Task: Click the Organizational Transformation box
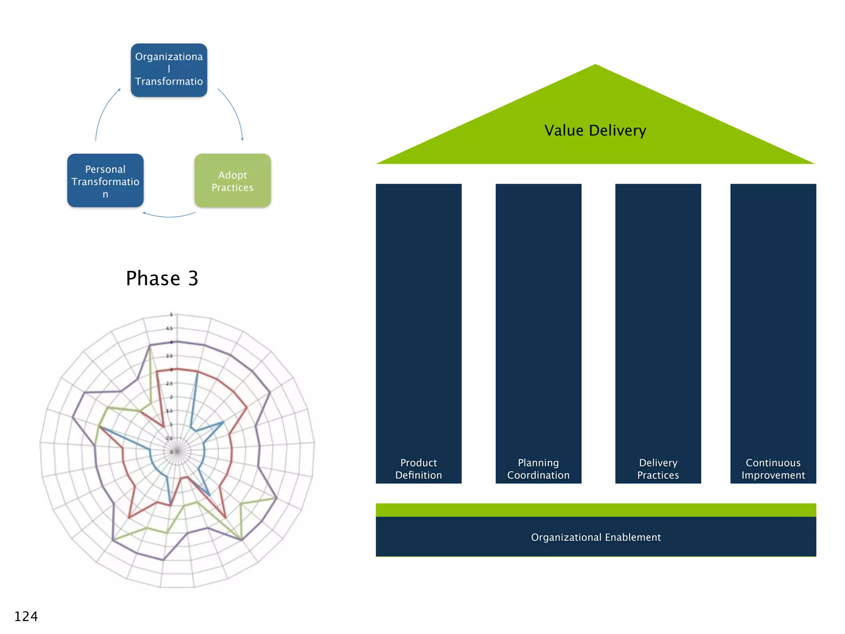coord(169,70)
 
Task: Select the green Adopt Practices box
coord(232,181)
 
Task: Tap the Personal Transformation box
coord(105,181)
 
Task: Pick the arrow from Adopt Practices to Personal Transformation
coord(169,216)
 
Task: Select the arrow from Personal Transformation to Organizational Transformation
coord(103,111)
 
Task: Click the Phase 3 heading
coord(162,278)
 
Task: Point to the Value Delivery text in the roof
coord(595,130)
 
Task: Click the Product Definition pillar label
coord(418,469)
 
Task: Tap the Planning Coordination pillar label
coord(538,469)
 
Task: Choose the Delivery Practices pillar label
coord(658,469)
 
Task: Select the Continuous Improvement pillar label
coord(773,469)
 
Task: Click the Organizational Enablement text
coord(595,537)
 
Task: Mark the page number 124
coord(26,616)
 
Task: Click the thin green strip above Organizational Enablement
coord(595,510)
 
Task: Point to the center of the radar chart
coord(177,451)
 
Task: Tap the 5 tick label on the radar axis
coord(171,315)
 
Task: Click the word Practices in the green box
coord(232,187)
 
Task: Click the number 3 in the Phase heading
coord(193,279)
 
